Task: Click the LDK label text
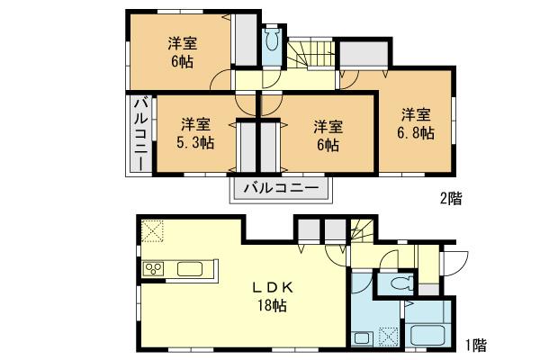pyautogui.click(x=268, y=288)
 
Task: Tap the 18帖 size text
pyautogui.click(x=269, y=306)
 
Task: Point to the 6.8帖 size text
pyautogui.click(x=416, y=132)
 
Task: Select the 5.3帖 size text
pyautogui.click(x=195, y=142)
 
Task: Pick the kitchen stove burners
pyautogui.click(x=152, y=269)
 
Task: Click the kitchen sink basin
pyautogui.click(x=191, y=269)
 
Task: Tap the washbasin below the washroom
pyautogui.click(x=362, y=339)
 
